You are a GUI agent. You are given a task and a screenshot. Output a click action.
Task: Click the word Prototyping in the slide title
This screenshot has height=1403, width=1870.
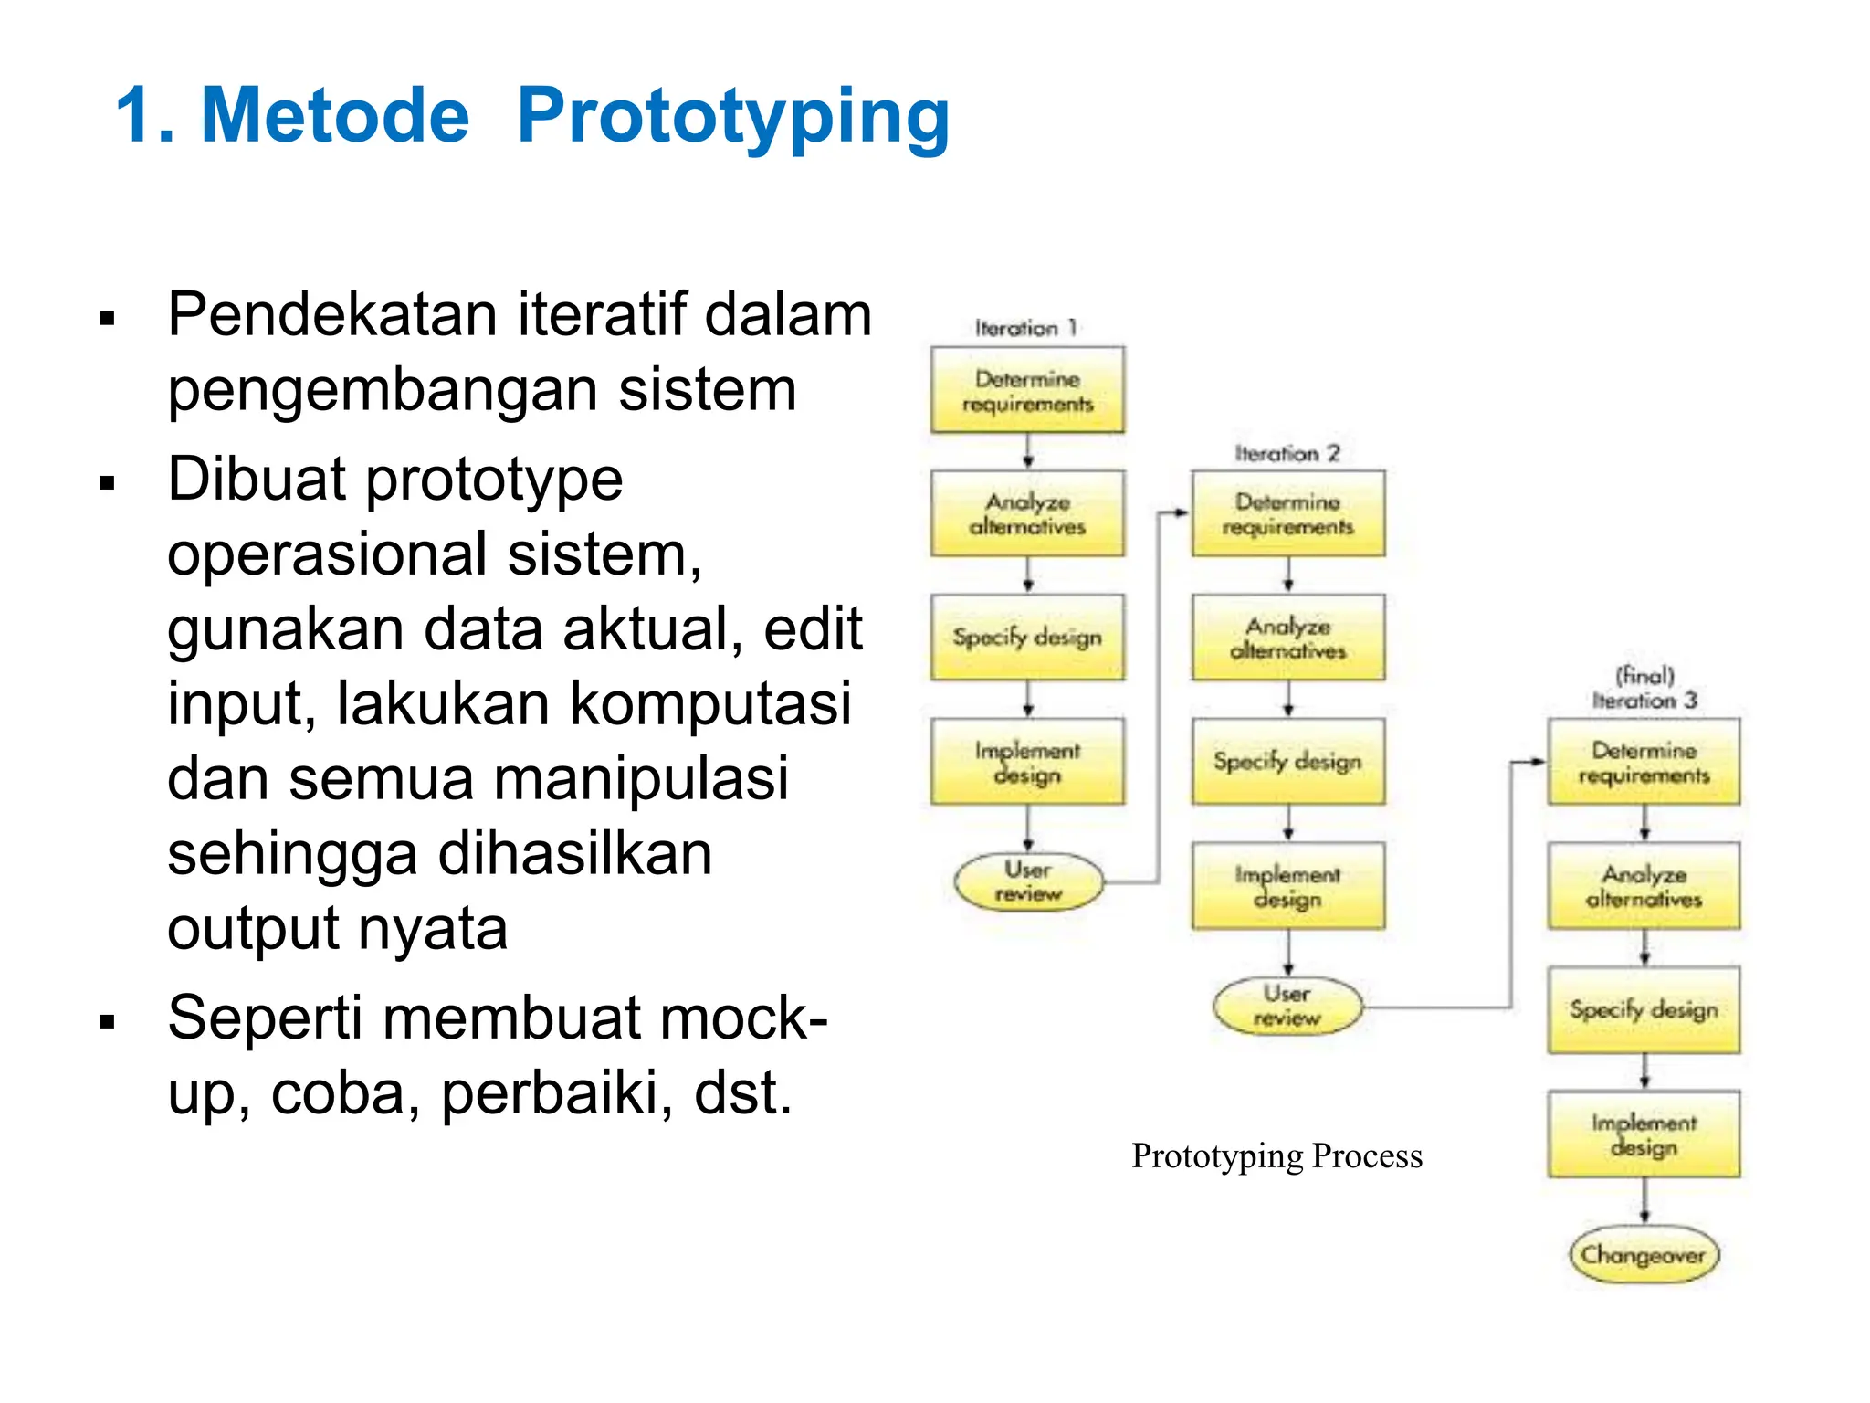pos(733,116)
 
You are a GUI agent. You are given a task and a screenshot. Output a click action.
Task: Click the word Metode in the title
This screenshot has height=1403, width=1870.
pos(334,116)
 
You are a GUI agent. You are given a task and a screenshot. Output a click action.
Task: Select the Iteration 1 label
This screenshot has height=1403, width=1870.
pos(1026,328)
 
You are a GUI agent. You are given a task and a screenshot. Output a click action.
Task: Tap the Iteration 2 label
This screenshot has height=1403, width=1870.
pos(1287,453)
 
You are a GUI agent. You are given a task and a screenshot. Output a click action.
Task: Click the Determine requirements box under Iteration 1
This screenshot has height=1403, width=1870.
pos(1027,390)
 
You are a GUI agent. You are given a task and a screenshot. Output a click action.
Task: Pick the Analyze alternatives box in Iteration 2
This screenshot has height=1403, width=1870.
pos(1287,638)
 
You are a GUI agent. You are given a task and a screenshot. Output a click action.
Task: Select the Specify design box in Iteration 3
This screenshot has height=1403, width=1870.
pos(1644,1010)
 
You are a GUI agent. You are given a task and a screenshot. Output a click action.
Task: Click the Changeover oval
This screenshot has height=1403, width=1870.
pos(1644,1255)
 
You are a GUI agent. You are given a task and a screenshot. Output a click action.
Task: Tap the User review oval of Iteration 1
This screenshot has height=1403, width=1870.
pos(1028,881)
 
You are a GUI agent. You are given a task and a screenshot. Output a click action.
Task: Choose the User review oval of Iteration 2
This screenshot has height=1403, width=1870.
pos(1287,1006)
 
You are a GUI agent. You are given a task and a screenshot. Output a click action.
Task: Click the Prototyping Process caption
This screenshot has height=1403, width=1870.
pos(1276,1156)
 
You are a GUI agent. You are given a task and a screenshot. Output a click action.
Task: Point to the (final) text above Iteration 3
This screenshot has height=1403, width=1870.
pos(1644,676)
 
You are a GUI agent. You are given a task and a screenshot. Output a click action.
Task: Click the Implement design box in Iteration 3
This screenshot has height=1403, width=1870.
pos(1644,1134)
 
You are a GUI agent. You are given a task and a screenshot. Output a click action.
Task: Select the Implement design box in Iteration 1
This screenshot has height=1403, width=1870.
pos(1027,762)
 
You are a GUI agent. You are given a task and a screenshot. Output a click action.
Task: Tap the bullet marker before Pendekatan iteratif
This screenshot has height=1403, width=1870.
pos(108,319)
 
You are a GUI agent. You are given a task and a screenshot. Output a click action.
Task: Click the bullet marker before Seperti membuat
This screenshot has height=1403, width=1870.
pos(108,1022)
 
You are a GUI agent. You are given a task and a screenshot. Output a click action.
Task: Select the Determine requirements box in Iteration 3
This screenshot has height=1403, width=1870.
pos(1644,762)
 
